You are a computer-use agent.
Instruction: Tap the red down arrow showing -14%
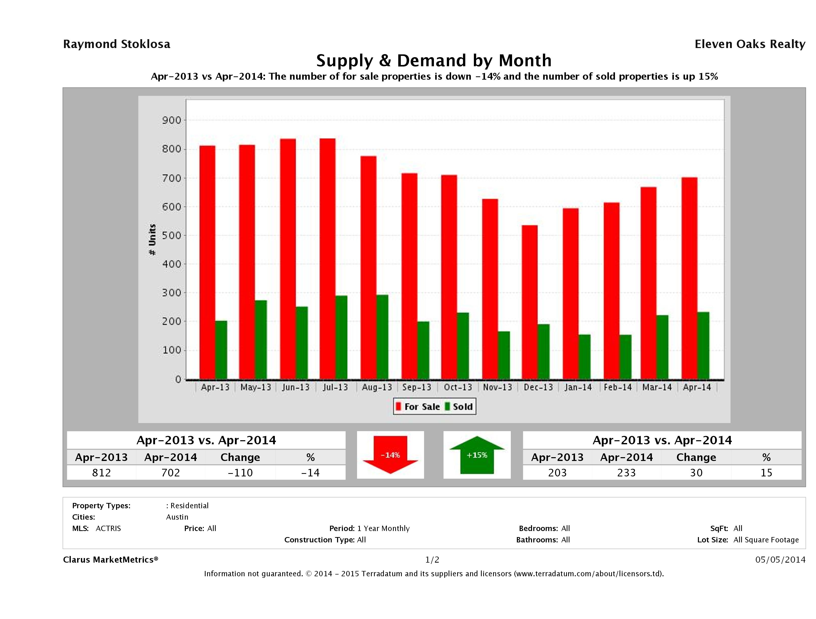[x=390, y=454]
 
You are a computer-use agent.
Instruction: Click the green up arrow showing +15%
[x=477, y=454]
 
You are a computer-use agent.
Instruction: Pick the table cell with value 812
[x=101, y=473]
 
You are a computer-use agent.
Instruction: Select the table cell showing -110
[x=240, y=473]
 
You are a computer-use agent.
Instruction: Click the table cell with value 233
[x=626, y=473]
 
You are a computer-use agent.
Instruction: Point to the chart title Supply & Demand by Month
[x=434, y=60]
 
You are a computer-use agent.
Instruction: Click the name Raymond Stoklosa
[x=117, y=44]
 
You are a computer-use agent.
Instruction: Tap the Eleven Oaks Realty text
[x=749, y=44]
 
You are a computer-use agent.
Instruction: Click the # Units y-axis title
[x=152, y=240]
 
